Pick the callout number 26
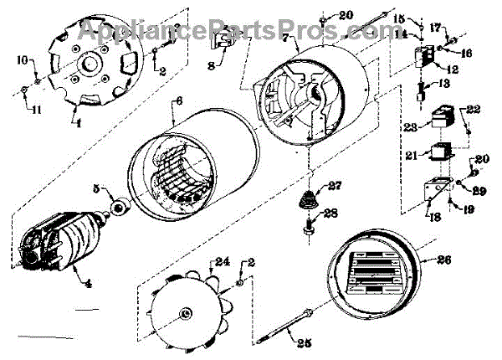tap(444, 260)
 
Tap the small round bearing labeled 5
tap(117, 205)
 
